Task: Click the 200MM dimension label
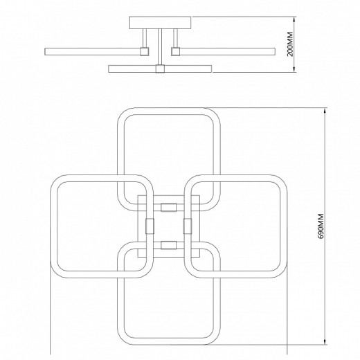[x=290, y=44]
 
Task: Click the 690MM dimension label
[x=321, y=226]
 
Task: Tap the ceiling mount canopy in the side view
[x=160, y=23]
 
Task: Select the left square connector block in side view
[x=145, y=51]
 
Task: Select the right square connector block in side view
[x=175, y=51]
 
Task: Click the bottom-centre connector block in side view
[x=160, y=69]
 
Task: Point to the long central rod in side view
[x=160, y=47]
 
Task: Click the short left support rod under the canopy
[x=145, y=38]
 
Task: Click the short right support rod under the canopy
[x=175, y=38]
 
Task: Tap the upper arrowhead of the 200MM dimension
[x=294, y=19]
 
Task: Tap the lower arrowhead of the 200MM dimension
[x=294, y=69]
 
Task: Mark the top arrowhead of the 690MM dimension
[x=325, y=111]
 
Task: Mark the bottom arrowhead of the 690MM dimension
[x=325, y=341]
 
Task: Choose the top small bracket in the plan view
[x=169, y=207]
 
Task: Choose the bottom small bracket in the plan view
[x=169, y=245]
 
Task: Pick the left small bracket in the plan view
[x=150, y=226]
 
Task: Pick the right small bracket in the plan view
[x=188, y=226]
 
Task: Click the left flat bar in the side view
[x=93, y=51]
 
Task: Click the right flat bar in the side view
[x=227, y=51]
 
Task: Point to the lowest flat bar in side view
[x=160, y=69]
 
